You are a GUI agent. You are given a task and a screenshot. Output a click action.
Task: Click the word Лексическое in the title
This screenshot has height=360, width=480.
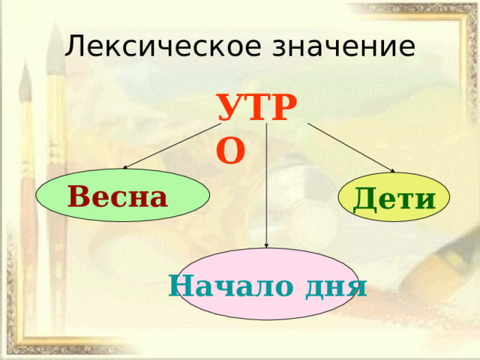click(x=163, y=46)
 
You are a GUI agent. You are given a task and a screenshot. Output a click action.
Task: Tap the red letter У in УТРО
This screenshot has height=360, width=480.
click(x=232, y=108)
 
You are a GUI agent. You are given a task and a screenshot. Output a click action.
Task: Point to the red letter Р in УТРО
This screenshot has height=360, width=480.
click(x=284, y=107)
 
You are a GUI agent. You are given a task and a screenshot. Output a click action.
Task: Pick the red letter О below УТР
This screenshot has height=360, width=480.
click(x=231, y=151)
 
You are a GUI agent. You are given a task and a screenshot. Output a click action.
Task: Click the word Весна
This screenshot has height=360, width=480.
click(x=118, y=196)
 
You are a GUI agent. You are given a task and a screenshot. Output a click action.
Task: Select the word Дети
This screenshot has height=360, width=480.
click(x=394, y=199)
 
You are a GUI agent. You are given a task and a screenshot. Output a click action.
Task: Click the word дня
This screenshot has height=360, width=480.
click(x=336, y=288)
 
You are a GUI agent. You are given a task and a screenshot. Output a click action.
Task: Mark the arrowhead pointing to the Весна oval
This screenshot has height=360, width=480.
click(x=124, y=167)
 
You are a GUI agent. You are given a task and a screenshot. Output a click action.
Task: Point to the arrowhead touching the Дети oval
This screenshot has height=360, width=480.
click(x=392, y=171)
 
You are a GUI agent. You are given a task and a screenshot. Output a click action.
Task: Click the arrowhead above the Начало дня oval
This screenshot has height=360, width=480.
click(x=266, y=245)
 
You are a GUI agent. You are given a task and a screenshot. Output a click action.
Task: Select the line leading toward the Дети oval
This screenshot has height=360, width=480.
click(x=351, y=148)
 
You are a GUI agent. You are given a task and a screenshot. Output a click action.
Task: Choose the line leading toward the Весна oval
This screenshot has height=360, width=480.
click(x=172, y=146)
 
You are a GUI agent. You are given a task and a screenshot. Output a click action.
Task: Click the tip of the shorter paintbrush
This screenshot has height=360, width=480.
click(x=25, y=65)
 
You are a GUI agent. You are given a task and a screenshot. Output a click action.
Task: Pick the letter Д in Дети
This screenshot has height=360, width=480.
click(x=365, y=199)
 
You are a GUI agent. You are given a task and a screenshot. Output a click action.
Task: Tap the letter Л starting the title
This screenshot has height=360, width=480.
click(x=74, y=46)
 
